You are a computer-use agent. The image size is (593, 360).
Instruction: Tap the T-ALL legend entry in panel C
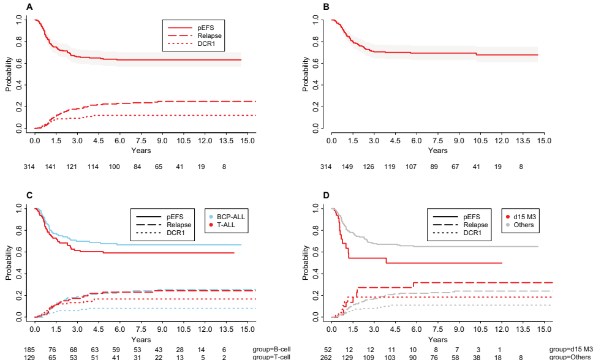pyautogui.click(x=228, y=225)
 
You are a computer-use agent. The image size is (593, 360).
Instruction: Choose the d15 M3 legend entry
pyautogui.click(x=522, y=217)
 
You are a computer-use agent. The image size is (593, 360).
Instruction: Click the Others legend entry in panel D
pyautogui.click(x=522, y=225)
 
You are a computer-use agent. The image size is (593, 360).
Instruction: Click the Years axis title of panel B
pyautogui.click(x=437, y=151)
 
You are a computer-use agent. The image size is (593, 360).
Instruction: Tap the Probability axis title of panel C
pyautogui.click(x=9, y=263)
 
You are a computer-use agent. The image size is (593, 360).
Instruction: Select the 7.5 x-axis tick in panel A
pyautogui.click(x=141, y=141)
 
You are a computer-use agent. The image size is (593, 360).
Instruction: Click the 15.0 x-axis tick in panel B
pyautogui.click(x=544, y=141)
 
